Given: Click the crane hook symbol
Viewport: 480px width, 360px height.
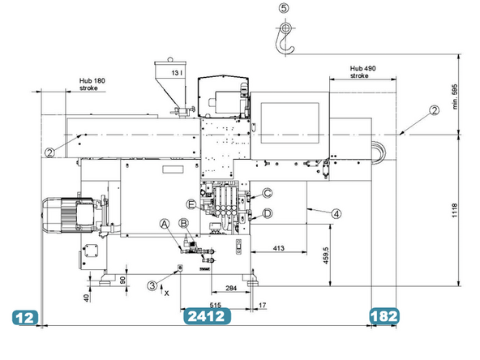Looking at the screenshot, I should pyautogui.click(x=284, y=35).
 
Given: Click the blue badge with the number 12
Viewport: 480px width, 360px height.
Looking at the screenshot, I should pyautogui.click(x=26, y=317).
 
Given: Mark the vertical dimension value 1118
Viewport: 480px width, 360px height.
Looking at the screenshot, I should pyautogui.click(x=455, y=214).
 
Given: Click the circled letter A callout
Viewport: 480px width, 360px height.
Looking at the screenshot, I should pyautogui.click(x=164, y=223).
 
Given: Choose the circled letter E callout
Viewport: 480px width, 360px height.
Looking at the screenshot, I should pyautogui.click(x=191, y=204).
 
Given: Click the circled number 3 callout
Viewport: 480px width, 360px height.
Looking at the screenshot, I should pyautogui.click(x=152, y=284).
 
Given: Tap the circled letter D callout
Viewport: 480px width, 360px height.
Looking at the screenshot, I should pyautogui.click(x=267, y=212).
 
